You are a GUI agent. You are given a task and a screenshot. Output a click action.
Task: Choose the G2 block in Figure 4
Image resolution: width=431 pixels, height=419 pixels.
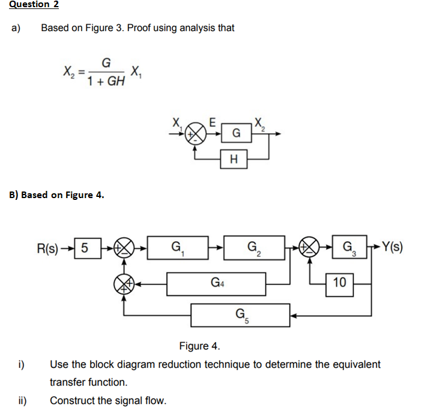pyautogui.click(x=255, y=247)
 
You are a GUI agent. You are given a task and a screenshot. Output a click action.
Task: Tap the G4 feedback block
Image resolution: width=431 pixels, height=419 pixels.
pyautogui.click(x=216, y=283)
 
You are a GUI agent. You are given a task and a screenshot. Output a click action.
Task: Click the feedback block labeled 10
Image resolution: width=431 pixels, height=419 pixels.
pyautogui.click(x=340, y=282)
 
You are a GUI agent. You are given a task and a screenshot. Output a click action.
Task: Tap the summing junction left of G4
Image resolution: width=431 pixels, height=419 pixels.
pyautogui.click(x=124, y=283)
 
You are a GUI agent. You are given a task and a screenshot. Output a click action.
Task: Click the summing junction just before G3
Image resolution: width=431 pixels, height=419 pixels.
pyautogui.click(x=310, y=247)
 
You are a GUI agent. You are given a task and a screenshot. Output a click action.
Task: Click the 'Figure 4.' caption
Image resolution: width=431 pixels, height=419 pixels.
pyautogui.click(x=199, y=346)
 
